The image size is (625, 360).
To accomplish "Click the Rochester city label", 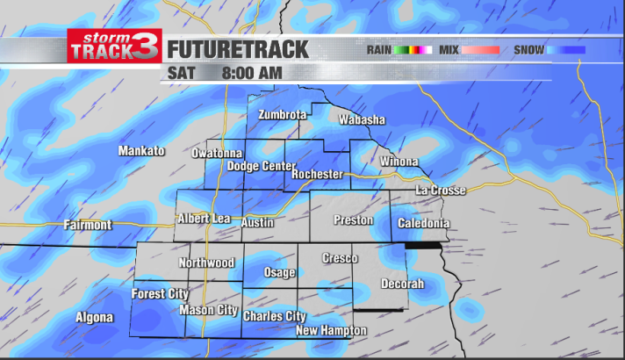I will [317, 175].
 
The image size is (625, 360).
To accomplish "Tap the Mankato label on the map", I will [141, 151].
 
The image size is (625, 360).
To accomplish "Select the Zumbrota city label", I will [282, 115].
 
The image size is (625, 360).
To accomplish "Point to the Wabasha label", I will [362, 119].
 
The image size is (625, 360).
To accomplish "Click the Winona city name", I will [399, 162].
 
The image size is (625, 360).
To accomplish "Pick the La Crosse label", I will [440, 191].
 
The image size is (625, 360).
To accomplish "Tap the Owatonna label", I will [217, 154].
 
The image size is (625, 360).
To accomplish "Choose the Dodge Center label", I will [262, 166].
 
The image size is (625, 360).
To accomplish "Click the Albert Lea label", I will [204, 219].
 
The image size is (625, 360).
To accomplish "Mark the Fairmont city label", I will [88, 226].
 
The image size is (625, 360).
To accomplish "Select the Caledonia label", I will [423, 224].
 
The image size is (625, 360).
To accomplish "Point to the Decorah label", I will [402, 284].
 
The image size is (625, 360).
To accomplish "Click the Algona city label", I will [94, 318].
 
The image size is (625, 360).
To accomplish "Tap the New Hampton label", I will [331, 331].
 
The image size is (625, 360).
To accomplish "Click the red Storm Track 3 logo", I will [114, 47].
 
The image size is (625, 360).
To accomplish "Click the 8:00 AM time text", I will [252, 73].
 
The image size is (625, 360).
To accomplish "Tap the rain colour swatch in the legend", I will [413, 50].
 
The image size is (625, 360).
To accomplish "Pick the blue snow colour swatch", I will [566, 50].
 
